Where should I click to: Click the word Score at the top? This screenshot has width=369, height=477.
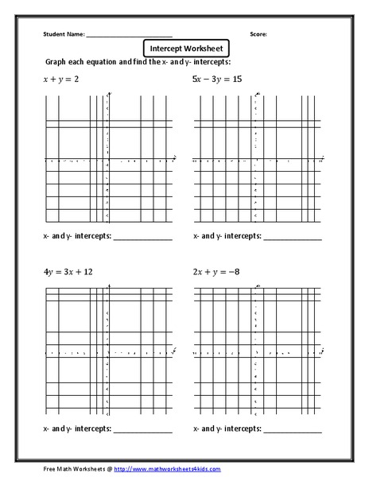[258, 34]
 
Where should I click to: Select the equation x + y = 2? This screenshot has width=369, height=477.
[61, 79]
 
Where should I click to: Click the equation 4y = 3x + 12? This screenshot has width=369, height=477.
[68, 271]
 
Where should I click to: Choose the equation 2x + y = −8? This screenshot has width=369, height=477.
[216, 271]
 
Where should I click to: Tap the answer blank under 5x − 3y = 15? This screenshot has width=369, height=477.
[292, 238]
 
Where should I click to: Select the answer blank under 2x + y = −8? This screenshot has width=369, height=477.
[292, 431]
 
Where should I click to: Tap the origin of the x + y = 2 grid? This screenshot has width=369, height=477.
[108, 161]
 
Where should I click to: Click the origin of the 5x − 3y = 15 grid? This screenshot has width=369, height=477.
[255, 161]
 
